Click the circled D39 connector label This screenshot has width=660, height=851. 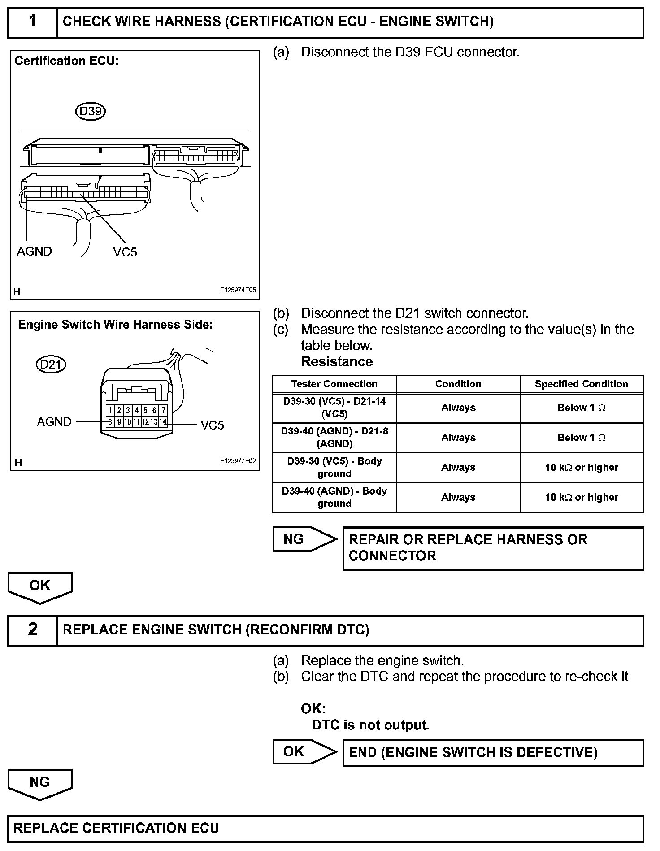tap(90, 111)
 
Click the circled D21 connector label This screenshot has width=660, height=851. tap(51, 364)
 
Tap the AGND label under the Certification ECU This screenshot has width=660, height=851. tap(34, 251)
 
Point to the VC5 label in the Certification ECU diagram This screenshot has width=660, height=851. tap(125, 252)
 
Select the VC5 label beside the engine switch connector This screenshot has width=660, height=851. tap(212, 425)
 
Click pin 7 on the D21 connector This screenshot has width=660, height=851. tap(163, 410)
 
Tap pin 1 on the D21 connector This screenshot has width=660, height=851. tap(110, 410)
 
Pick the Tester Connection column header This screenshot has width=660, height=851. tap(334, 384)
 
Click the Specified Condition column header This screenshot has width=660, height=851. tap(581, 384)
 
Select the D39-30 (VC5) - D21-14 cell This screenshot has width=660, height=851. tap(334, 408)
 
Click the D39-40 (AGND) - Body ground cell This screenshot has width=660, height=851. tap(334, 497)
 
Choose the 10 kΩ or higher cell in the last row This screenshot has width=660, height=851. tap(581, 497)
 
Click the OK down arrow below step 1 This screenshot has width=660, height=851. tap(40, 587)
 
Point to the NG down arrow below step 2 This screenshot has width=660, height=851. tap(40, 784)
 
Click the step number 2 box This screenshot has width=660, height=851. tap(33, 630)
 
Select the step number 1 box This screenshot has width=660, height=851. tap(33, 22)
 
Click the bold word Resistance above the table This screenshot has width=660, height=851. tap(337, 361)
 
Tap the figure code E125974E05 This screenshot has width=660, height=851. tap(238, 290)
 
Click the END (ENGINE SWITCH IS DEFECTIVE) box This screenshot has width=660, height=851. tap(493, 753)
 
